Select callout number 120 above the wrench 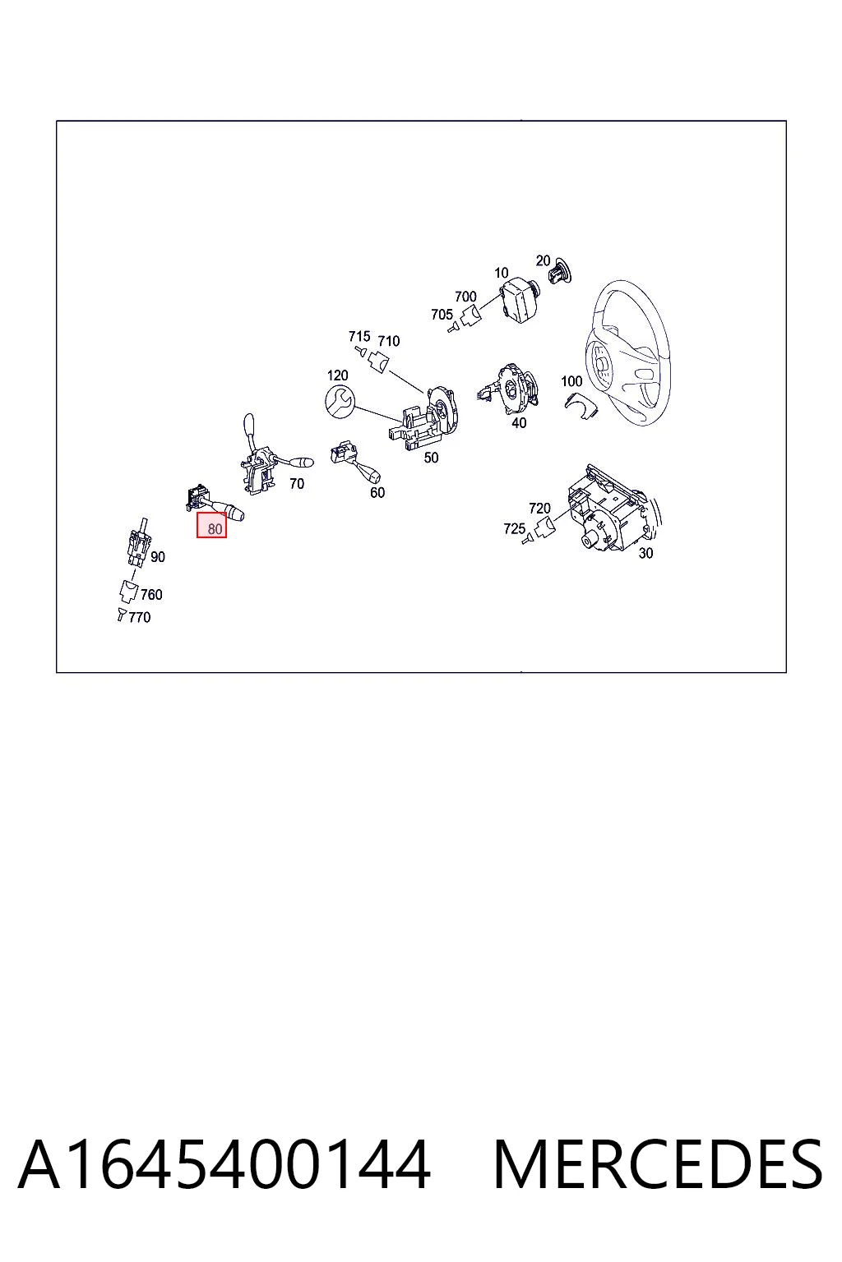[x=337, y=375]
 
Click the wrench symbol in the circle [x=340, y=403]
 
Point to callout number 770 [x=139, y=618]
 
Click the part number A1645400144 [x=224, y=1164]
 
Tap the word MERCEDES [x=658, y=1164]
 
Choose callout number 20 [x=543, y=260]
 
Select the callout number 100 [x=571, y=381]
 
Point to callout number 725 [x=515, y=528]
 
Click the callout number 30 [x=645, y=553]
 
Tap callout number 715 [x=359, y=336]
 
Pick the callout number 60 [x=377, y=492]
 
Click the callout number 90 [x=157, y=557]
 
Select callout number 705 [x=442, y=315]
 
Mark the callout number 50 [x=431, y=458]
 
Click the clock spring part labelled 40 [x=511, y=388]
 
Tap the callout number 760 [x=151, y=594]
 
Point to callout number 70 [x=297, y=483]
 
